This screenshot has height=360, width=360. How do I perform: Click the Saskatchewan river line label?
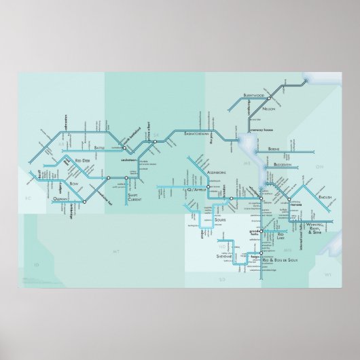(x=198, y=134)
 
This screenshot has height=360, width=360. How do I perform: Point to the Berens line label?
(x=274, y=148)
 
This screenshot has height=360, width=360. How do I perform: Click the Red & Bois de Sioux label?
(x=289, y=259)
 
